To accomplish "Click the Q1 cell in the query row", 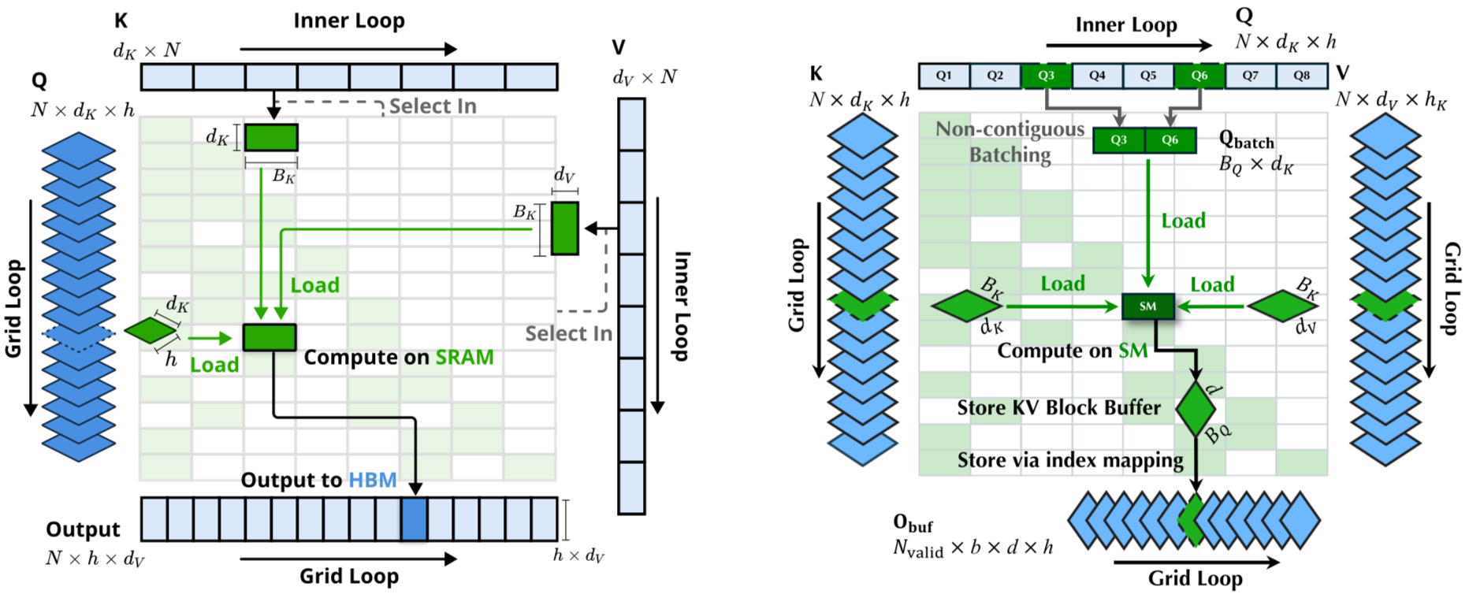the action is (944, 76).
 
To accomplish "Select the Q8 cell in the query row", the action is (1302, 76).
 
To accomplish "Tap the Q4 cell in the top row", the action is (1097, 76).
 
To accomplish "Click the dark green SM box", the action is (1148, 306).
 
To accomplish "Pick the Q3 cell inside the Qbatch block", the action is (1119, 139).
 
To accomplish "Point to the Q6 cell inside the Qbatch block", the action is (1170, 139).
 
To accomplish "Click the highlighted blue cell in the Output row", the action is (415, 519).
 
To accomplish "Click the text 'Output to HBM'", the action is (318, 480).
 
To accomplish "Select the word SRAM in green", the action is (465, 357).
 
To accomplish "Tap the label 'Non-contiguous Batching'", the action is (1010, 142).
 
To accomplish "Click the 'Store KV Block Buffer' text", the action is (1058, 407).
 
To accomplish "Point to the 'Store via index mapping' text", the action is (1070, 460).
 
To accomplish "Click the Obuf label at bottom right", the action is (913, 523).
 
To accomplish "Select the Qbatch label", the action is (1247, 139).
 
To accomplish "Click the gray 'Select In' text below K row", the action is (433, 106).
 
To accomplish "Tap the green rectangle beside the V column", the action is (565, 228).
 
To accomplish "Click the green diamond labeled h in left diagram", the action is (151, 330).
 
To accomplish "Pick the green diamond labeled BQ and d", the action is (1196, 409).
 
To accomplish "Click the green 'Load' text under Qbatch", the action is (1184, 221).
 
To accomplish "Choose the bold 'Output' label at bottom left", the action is (83, 529).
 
